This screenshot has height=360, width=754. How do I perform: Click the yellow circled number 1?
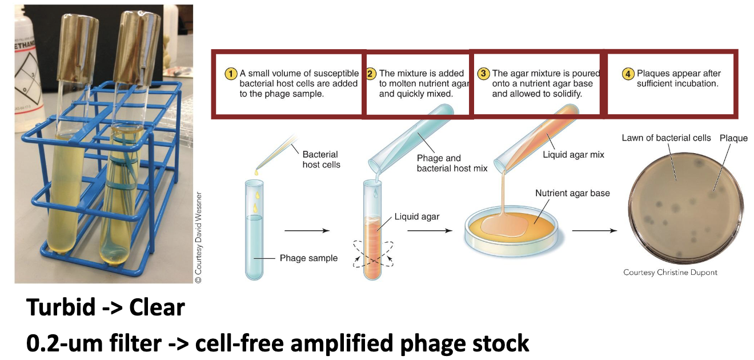231,74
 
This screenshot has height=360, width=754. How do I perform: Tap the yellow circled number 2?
371,74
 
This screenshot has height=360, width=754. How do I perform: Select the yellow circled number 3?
483,74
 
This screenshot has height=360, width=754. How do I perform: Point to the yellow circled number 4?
628,74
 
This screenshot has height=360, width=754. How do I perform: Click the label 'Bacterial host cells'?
321,159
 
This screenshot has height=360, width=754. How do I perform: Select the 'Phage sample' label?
308,258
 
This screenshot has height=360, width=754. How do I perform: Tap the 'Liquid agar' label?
417,217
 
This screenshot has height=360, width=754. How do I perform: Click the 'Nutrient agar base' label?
572,193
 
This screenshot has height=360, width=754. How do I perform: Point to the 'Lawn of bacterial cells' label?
666,138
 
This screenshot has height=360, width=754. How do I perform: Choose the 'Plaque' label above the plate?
733,138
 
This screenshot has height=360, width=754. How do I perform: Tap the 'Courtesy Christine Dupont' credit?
670,273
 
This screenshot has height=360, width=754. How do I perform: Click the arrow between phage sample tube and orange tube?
307,231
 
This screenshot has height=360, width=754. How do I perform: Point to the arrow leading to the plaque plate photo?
594,231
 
